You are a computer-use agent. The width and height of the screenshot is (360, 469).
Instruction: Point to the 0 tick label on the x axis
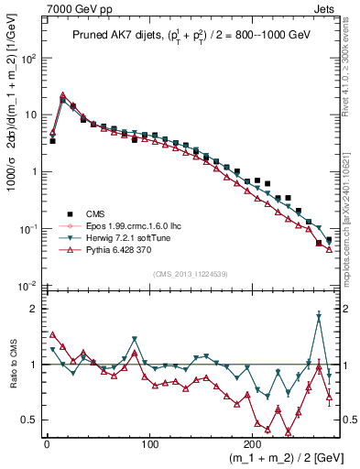pyautogui.click(x=47, y=442)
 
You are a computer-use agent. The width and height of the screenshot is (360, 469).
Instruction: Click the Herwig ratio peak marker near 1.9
pyautogui.click(x=318, y=317)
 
